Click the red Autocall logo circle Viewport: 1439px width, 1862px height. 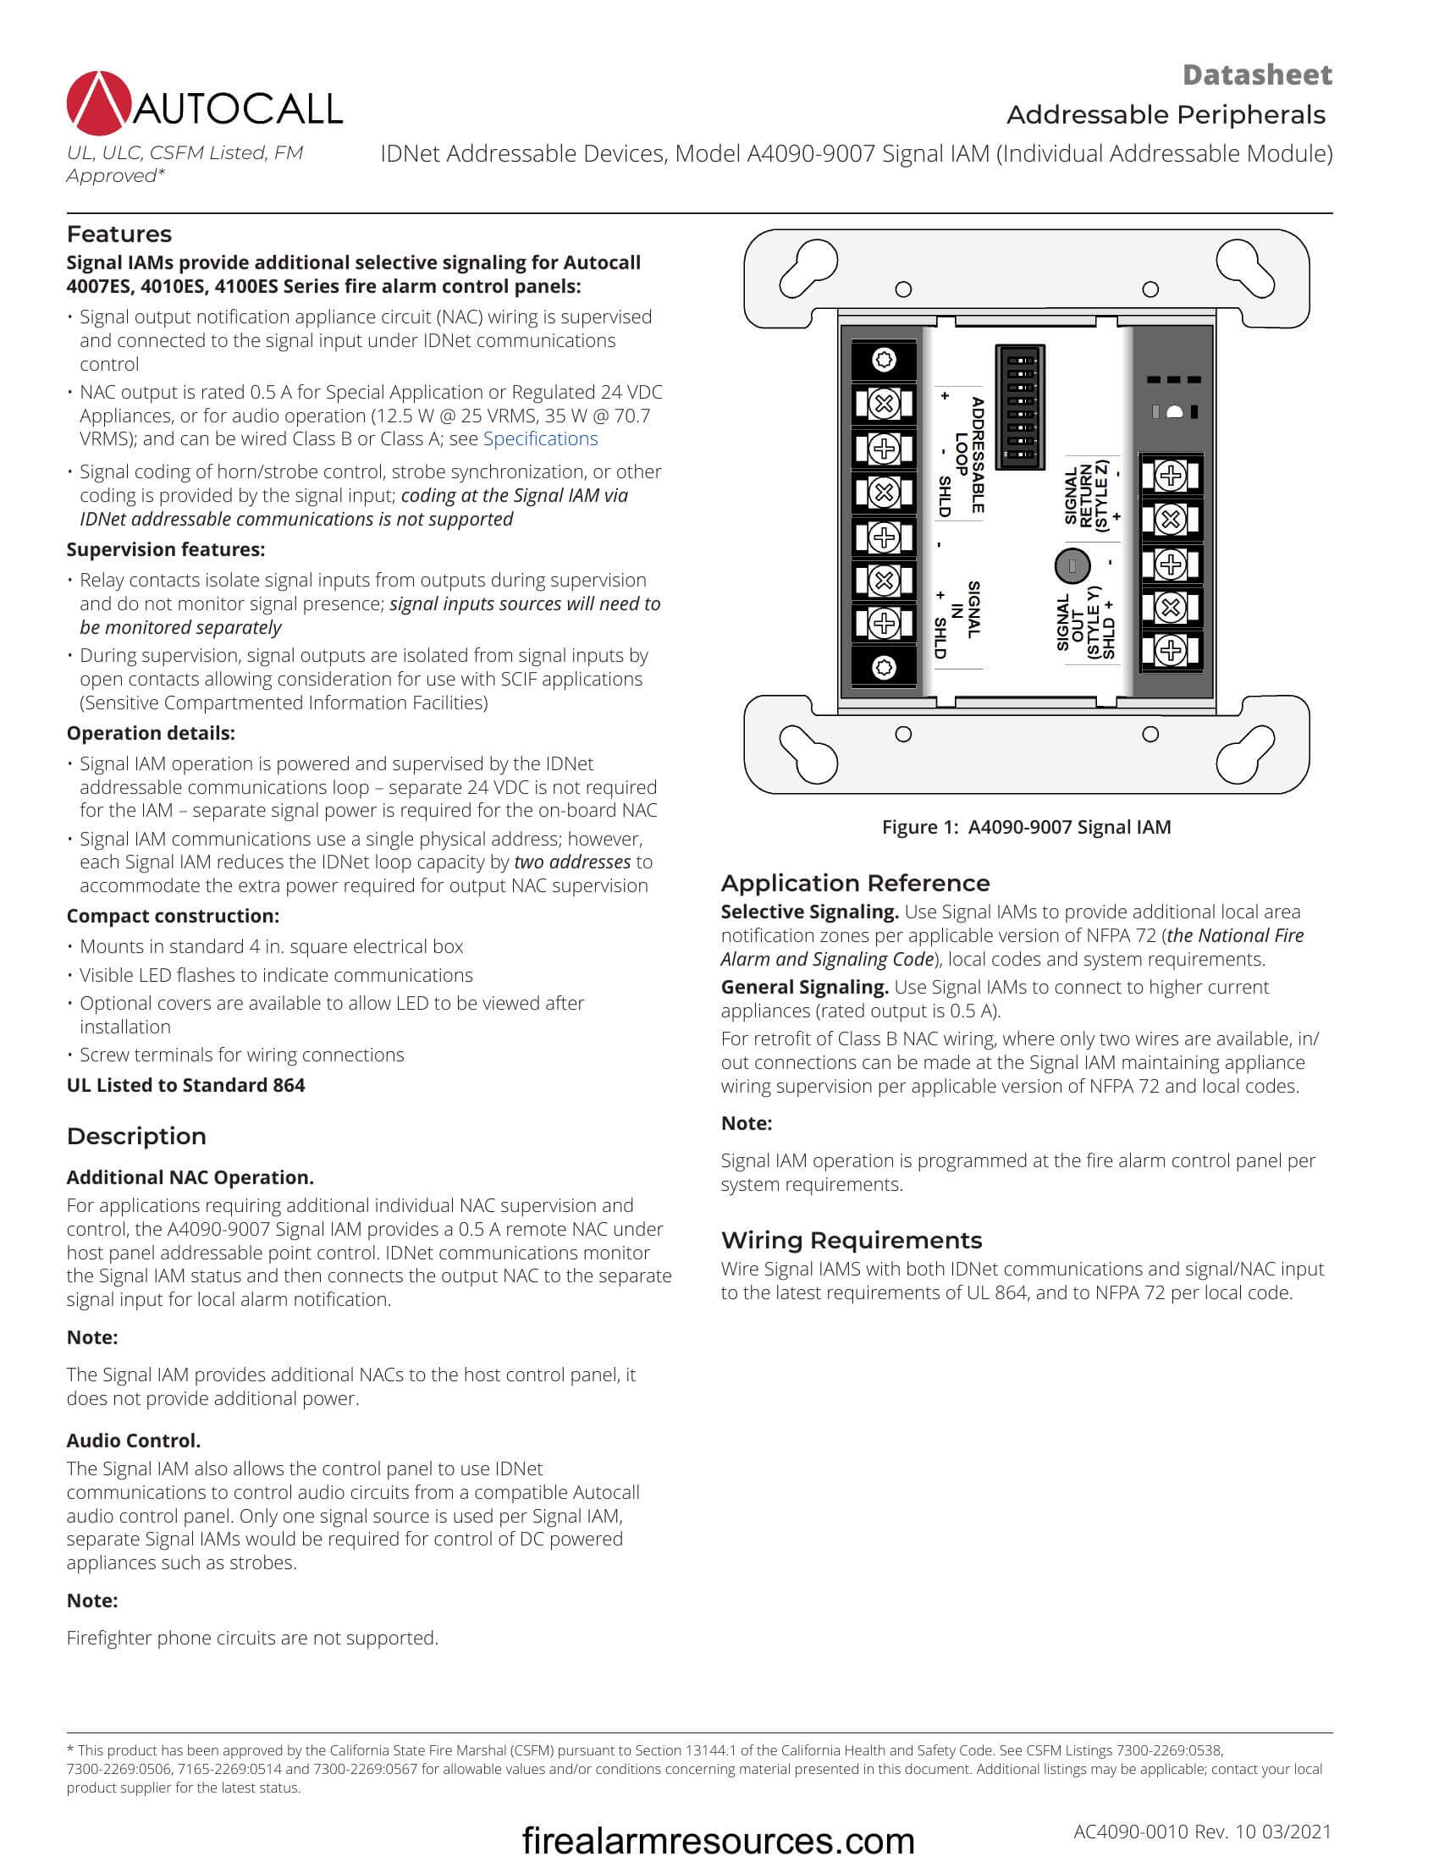[99, 103]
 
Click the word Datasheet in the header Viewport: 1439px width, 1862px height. [1255, 75]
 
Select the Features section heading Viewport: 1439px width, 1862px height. [119, 234]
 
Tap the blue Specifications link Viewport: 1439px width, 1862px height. [540, 438]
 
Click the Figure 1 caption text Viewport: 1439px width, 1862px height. [1026, 826]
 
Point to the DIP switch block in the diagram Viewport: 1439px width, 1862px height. [1020, 406]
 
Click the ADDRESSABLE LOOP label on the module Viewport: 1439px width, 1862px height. [969, 455]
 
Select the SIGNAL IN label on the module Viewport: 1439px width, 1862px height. [965, 609]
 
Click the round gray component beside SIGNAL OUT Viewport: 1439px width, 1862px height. [1072, 565]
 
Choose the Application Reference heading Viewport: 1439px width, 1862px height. [855, 883]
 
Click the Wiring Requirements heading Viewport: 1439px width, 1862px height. [851, 1240]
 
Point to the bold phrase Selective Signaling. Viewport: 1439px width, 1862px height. [809, 912]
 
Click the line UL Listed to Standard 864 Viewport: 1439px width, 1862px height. [185, 1084]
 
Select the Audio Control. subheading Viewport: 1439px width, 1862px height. [133, 1440]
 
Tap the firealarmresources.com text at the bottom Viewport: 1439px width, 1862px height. [718, 1840]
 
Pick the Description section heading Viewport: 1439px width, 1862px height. [135, 1136]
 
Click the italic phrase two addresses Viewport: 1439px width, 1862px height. [572, 862]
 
